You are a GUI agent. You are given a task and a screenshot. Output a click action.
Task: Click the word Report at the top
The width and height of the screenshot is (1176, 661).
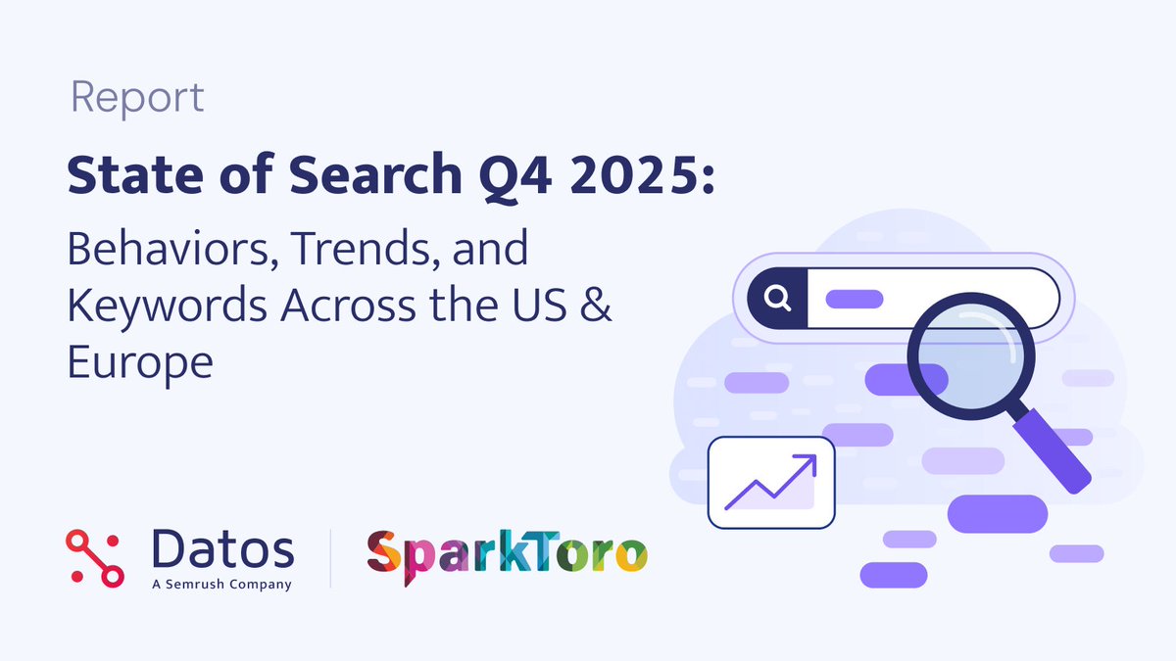[x=137, y=98]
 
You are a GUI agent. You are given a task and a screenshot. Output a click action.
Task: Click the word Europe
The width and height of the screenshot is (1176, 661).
[x=140, y=363]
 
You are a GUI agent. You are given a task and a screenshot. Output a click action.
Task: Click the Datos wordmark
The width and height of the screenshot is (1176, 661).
[x=222, y=549]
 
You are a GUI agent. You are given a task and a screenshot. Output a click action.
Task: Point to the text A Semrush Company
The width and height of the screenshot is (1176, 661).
[x=222, y=585]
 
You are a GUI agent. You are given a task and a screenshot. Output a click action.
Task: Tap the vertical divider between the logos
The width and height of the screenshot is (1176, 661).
[x=330, y=558]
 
